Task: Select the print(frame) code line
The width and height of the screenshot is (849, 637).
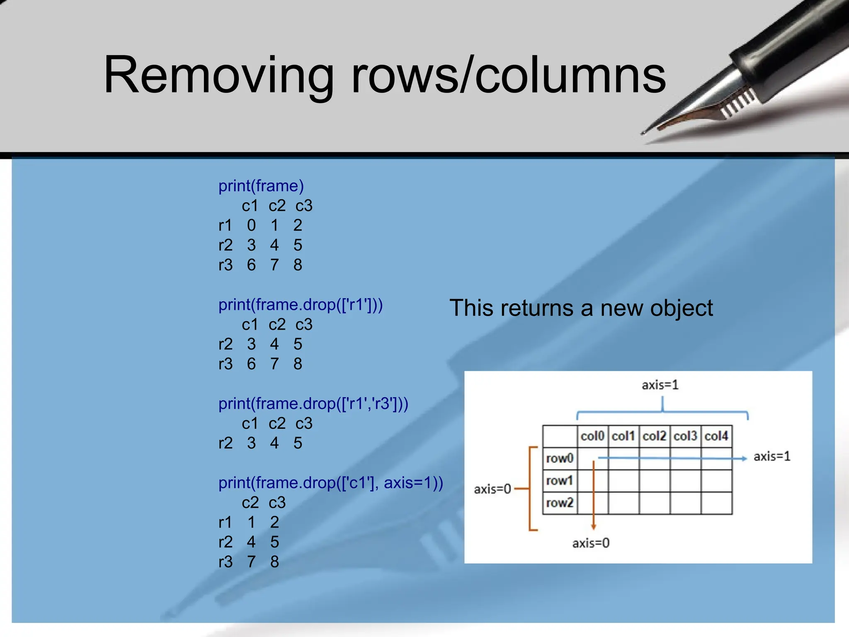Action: (261, 186)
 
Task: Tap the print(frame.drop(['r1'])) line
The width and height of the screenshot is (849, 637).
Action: (301, 305)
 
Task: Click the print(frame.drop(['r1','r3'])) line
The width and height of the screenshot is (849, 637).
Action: (313, 404)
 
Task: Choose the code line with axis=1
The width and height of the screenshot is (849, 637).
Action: (331, 483)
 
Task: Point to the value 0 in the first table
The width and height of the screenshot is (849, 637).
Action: (251, 225)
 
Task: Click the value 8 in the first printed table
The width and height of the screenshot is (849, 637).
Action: (298, 265)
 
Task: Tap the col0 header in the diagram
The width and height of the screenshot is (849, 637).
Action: (592, 436)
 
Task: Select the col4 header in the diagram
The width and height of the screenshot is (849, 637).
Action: (716, 436)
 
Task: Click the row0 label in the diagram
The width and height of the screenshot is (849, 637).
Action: (560, 458)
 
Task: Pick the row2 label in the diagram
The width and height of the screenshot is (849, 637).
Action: (560, 503)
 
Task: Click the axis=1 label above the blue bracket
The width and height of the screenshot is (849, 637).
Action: (660, 385)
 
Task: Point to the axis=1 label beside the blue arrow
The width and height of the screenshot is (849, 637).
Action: (772, 457)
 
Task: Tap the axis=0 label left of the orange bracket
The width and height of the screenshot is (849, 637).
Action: (492, 489)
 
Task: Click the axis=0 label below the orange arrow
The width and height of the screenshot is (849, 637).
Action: (591, 543)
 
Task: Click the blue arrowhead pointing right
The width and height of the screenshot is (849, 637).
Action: (744, 458)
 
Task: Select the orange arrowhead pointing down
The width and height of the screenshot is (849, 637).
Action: (594, 527)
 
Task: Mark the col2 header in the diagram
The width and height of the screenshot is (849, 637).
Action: (654, 436)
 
